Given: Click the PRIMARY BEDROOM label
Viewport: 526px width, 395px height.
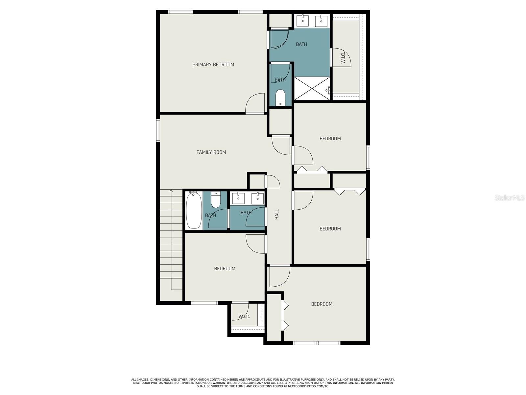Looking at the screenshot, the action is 213,65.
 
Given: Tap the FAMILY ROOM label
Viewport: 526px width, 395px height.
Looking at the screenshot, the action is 211,152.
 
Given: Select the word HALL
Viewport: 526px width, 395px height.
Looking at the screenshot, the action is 277,214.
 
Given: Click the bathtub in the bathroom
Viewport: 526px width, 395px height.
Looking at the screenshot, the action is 194,210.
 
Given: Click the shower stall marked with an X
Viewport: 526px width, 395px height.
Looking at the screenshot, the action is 312,88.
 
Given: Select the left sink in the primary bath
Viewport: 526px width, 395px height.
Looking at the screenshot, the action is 303,21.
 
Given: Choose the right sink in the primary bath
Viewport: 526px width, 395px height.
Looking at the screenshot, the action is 321,21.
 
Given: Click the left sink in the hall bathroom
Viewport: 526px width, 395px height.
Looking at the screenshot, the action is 238,198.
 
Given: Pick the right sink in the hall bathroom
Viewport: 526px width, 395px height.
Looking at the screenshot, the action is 258,198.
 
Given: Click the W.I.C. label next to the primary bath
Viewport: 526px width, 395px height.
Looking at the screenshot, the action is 343,58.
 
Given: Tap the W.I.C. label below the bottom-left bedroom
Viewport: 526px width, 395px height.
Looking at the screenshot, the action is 244,317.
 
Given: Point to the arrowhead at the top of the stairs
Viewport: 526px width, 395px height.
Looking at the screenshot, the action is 171,191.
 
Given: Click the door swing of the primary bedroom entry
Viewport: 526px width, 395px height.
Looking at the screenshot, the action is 255,103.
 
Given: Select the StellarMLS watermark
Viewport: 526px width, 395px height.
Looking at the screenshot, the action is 510,197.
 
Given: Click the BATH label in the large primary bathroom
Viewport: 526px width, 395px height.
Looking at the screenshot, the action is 301,44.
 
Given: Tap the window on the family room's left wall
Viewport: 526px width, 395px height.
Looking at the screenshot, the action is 158,130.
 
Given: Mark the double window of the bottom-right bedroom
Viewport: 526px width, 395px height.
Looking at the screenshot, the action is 317,343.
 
